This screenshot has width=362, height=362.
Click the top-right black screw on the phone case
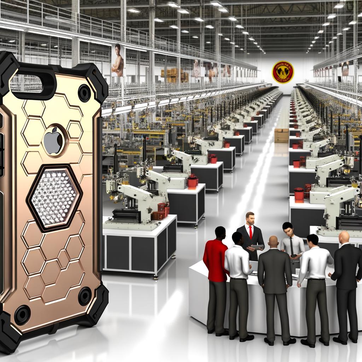[84, 93]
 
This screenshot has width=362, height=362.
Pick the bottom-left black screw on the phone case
[22, 314]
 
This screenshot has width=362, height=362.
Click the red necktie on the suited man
[251, 233]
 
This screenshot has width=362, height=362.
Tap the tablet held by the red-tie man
[257, 247]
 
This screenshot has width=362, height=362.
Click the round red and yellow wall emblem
[283, 72]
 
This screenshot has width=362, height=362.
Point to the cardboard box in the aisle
[281, 135]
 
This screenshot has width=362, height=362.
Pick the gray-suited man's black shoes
[279, 341]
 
